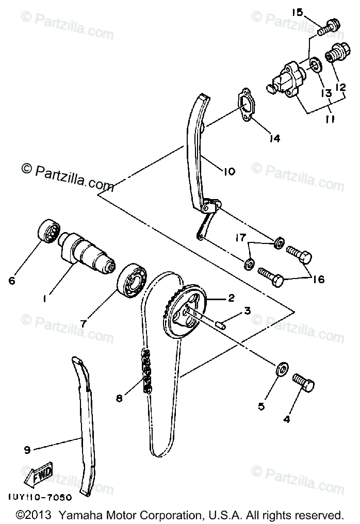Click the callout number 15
298,12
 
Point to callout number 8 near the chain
119,398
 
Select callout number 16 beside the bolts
318,280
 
